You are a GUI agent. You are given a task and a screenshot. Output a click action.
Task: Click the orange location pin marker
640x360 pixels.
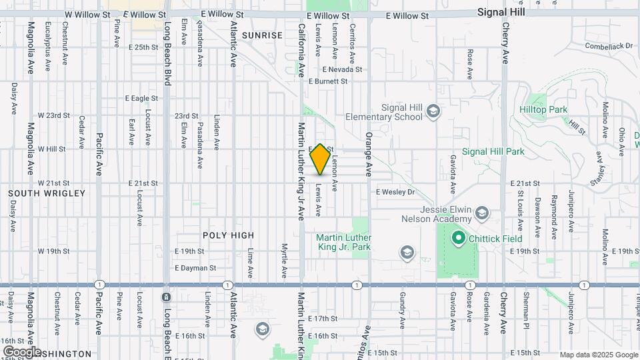[321, 159]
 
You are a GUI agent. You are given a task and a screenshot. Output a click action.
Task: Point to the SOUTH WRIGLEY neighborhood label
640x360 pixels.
[47, 193]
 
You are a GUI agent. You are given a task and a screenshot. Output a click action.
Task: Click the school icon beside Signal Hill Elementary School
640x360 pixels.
[434, 110]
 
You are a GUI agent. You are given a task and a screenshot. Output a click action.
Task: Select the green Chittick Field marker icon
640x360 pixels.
[458, 237]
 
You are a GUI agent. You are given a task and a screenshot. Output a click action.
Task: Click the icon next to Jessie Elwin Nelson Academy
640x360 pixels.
[482, 214]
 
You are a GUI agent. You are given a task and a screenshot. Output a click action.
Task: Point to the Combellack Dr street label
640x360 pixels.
[608, 46]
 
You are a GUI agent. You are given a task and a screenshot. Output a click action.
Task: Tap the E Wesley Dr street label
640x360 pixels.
[395, 192]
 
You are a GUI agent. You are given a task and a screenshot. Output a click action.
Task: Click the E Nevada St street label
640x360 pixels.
[342, 69]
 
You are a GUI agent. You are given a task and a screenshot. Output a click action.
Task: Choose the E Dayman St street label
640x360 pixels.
[196, 268]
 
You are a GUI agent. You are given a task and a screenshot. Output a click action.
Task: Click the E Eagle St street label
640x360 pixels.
[142, 98]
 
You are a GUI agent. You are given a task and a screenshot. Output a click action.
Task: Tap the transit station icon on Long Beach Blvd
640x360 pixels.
[166, 296]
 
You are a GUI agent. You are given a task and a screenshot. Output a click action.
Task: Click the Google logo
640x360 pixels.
[21, 351]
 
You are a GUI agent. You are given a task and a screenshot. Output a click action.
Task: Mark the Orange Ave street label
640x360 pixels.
[367, 154]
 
